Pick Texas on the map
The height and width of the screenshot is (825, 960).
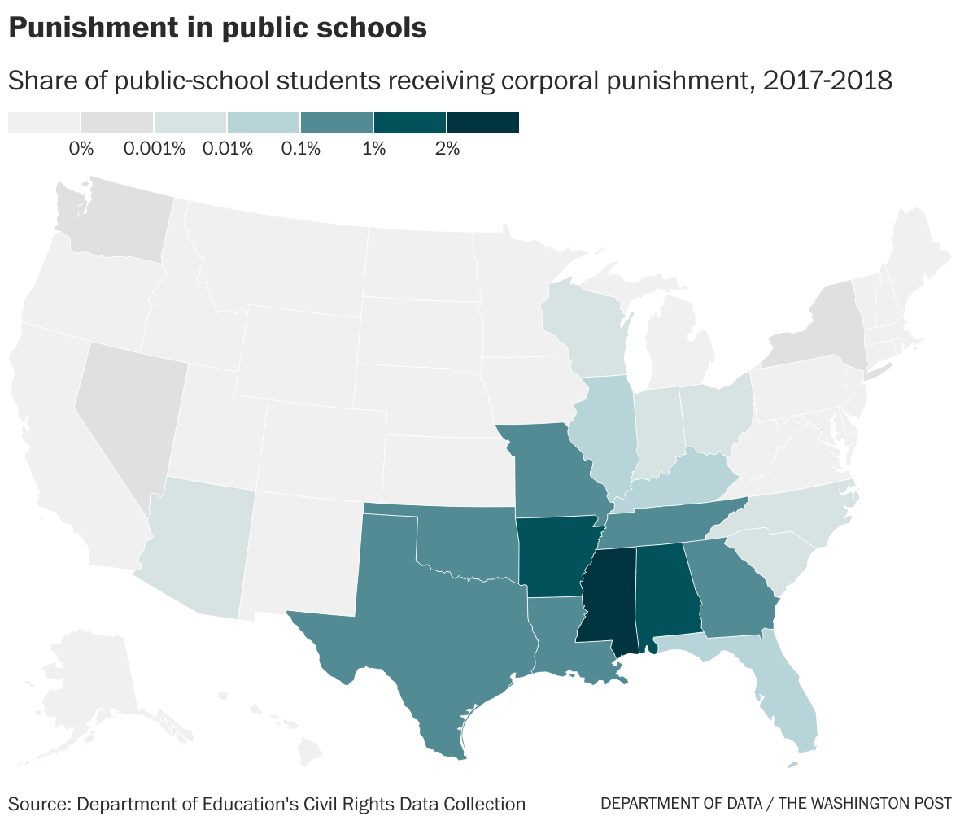429,618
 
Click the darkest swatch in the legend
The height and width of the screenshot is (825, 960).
483,123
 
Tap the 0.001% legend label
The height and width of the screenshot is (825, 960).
155,148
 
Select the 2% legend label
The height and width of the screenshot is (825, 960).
447,148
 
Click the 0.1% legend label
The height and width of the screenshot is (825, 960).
301,148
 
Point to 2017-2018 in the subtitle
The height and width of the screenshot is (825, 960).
827,81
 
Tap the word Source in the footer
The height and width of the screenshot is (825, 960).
40,804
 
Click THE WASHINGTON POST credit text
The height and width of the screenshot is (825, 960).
865,804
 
